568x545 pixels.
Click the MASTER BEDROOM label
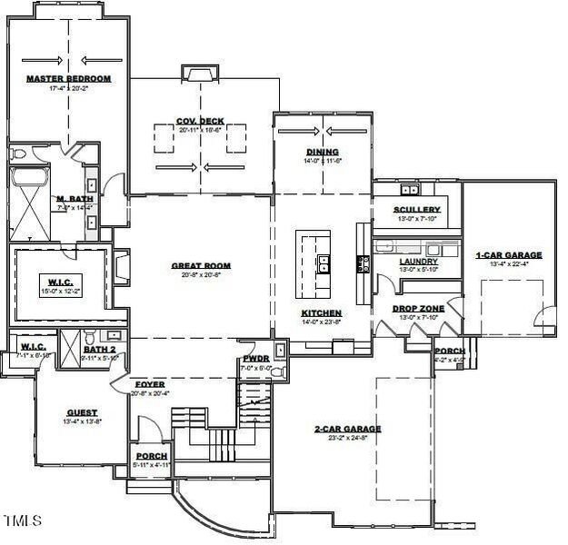pos(68,79)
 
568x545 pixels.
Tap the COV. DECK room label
pos(200,121)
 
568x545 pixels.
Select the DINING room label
pos(322,152)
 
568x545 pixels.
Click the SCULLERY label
pos(417,210)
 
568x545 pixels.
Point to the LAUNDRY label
pos(418,261)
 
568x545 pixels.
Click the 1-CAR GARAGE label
pos(508,255)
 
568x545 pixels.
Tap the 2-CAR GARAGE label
pos(348,428)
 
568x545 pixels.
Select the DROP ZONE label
pos(418,308)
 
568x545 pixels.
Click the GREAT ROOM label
pos(201,266)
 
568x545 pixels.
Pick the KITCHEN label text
pos(322,312)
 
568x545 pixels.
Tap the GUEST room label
pos(82,411)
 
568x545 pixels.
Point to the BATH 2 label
pos(100,349)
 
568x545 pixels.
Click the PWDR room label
pos(254,359)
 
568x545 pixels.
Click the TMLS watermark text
pos(23,520)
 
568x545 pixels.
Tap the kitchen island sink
pos(323,264)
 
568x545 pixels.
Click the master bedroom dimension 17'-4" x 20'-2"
pos(68,89)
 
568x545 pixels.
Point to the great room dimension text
pos(201,275)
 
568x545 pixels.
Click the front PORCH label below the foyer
pos(150,456)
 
